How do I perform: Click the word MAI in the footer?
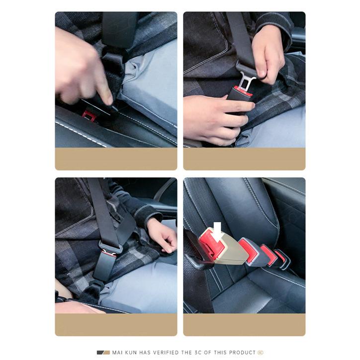point(117,353)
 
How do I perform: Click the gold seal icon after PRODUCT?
point(261,353)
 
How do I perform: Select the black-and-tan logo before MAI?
point(103,353)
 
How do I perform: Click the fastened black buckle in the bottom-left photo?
point(104,265)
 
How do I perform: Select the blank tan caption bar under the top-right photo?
point(244,159)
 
